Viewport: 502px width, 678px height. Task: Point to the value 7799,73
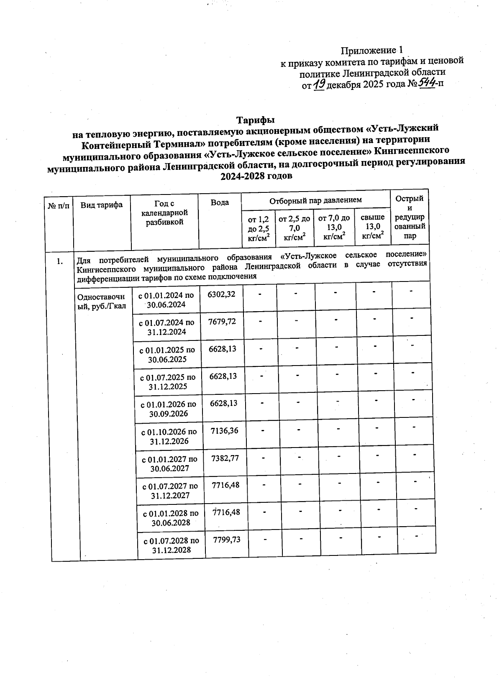pyautogui.click(x=227, y=539)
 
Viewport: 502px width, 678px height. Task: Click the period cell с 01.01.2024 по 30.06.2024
pyautogui.click(x=166, y=300)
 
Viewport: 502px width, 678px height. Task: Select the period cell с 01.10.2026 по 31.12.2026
pyautogui.click(x=169, y=436)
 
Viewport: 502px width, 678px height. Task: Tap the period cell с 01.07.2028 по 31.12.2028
pyautogui.click(x=172, y=545)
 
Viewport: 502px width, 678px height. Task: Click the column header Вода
pyautogui.click(x=220, y=202)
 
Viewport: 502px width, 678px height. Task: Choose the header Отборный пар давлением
pyautogui.click(x=315, y=200)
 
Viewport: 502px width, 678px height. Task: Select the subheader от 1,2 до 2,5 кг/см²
pyautogui.click(x=259, y=228)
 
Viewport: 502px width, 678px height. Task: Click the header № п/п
pyautogui.click(x=59, y=205)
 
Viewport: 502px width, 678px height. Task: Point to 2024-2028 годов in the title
pyautogui.click(x=256, y=176)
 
